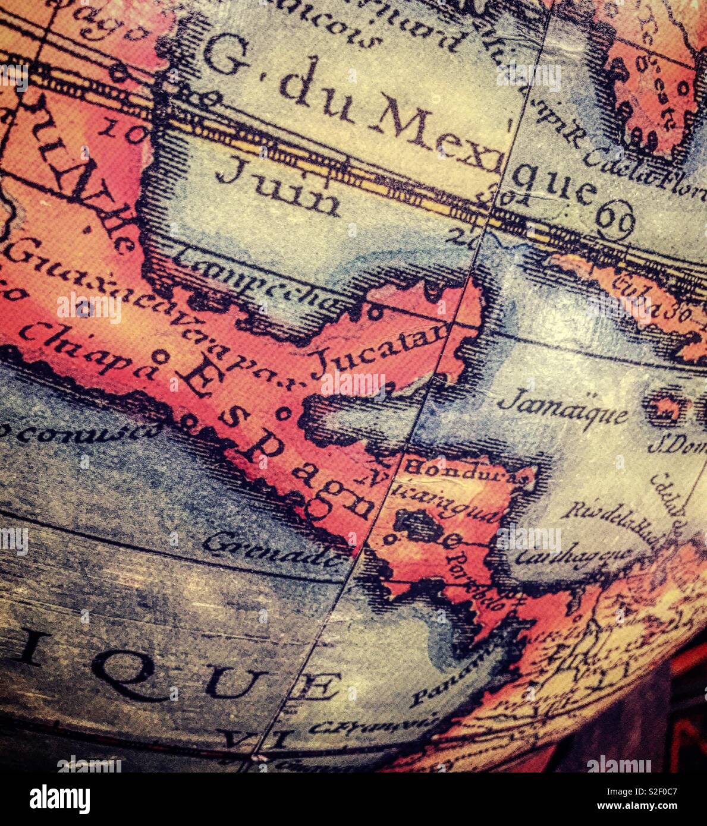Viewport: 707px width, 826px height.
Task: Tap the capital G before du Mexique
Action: (227, 54)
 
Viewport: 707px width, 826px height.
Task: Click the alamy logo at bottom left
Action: (59, 799)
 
